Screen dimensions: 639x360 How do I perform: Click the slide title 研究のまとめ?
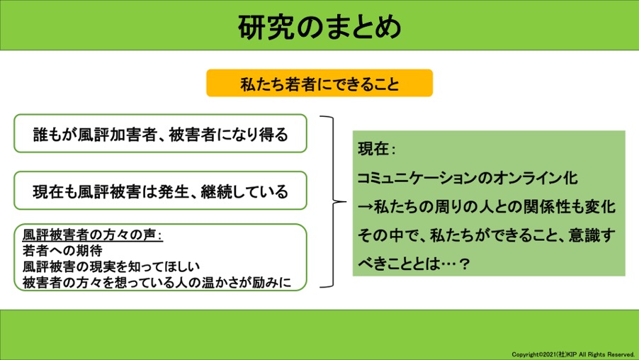click(x=319, y=28)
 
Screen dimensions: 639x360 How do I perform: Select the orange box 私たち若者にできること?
click(x=319, y=83)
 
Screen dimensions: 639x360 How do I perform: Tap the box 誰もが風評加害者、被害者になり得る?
click(x=160, y=133)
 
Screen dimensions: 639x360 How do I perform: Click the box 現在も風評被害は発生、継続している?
click(x=160, y=191)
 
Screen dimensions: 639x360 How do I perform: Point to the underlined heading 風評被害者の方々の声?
click(x=93, y=235)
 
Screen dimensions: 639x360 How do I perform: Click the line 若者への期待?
click(x=62, y=250)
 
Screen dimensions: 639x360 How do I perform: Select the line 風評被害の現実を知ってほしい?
click(x=111, y=266)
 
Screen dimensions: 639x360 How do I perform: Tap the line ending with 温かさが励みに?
click(x=157, y=282)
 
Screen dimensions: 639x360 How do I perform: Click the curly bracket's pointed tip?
click(x=345, y=201)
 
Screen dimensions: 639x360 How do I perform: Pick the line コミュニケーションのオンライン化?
click(x=468, y=178)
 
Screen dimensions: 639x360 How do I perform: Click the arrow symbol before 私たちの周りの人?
click(x=365, y=207)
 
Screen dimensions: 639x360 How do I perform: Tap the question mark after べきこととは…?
click(x=464, y=264)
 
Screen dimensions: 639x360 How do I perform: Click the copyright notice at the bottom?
click(x=573, y=354)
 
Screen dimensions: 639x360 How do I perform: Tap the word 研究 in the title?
click(x=266, y=28)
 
